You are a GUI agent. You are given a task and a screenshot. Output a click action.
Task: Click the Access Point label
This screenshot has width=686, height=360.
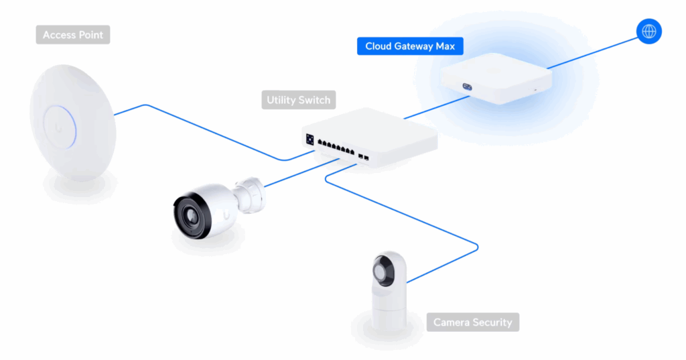click(x=72, y=35)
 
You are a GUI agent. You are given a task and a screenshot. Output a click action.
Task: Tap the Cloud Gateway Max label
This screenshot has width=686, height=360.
click(x=409, y=46)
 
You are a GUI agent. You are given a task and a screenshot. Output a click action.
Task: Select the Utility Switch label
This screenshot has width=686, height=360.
click(x=298, y=101)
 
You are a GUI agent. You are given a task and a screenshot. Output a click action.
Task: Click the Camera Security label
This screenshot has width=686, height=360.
click(x=472, y=322)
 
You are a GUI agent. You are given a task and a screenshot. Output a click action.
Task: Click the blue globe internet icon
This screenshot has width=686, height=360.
click(x=648, y=31)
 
